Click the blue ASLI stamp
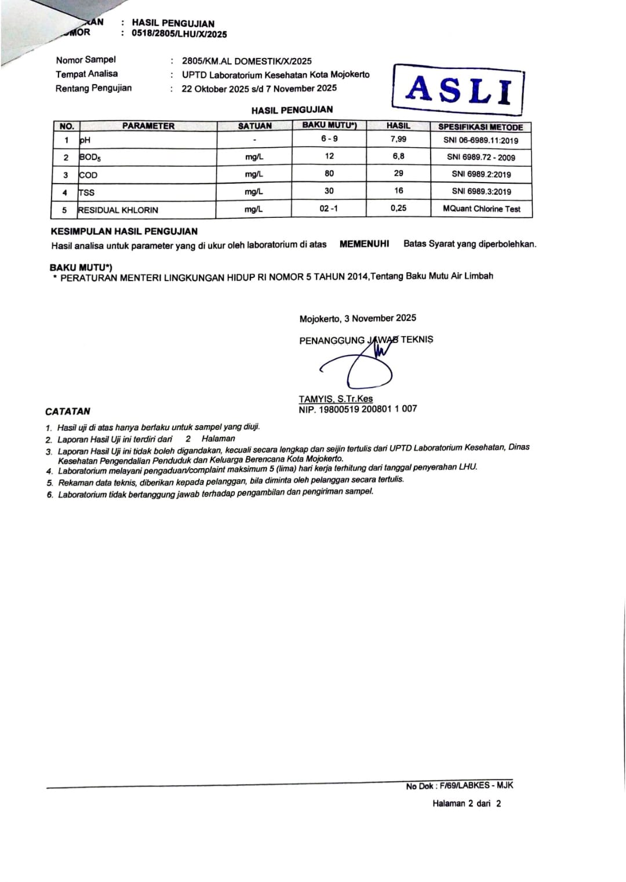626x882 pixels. tap(458, 90)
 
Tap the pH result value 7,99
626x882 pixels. tap(398, 139)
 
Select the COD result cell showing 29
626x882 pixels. tap(398, 173)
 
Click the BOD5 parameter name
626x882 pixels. tap(90, 157)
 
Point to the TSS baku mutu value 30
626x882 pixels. tap(329, 191)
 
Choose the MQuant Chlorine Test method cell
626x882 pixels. tap(481, 209)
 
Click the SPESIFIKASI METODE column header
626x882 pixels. tap(481, 126)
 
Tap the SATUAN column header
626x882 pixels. tap(254, 126)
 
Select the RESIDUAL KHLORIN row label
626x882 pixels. tap(118, 210)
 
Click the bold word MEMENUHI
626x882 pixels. tap(364, 244)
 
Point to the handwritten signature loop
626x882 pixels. tap(369, 374)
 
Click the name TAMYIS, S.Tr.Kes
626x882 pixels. tap(336, 399)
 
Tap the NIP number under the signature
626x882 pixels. tap(358, 409)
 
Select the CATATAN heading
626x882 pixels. tap(68, 411)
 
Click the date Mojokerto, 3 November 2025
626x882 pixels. tap(358, 318)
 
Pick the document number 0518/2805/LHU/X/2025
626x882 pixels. tap(179, 34)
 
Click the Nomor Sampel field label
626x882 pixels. tap(86, 60)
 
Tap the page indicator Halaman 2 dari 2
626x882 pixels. tap(467, 803)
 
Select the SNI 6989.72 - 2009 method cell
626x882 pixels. tap(481, 157)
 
